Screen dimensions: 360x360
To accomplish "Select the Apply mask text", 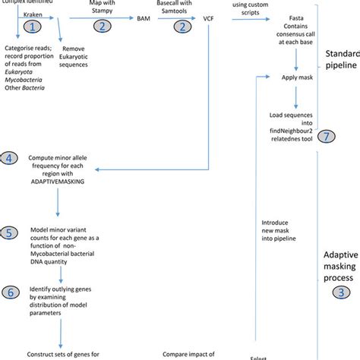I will [297, 77].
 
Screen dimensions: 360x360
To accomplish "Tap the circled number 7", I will [325, 136].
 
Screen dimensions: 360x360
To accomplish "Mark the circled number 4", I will [8, 157].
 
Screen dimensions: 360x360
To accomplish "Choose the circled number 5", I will [8, 232].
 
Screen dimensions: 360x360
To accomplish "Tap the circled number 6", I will [8, 290].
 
